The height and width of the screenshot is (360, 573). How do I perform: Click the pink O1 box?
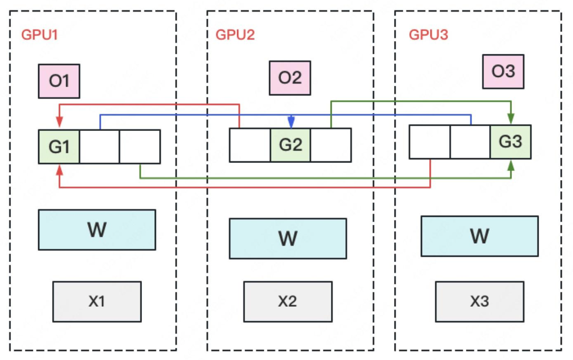59,81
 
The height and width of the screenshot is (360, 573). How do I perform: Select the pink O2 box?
290,78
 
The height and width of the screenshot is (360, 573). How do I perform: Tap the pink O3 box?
503,71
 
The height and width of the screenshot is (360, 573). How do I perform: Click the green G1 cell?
59,146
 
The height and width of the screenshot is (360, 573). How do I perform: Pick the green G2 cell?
290,145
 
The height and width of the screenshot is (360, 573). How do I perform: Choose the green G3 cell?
510,142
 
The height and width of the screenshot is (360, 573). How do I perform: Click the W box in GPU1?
97,230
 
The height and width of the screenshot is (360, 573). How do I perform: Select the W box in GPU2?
288,238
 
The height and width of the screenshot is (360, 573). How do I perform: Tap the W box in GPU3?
479,236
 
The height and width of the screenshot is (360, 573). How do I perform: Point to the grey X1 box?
97,301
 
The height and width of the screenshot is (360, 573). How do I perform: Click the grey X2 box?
288,301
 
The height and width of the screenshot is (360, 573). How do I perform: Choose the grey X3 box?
479,301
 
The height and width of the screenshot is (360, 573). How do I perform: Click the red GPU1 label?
40,35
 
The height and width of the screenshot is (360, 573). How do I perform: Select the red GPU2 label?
235,35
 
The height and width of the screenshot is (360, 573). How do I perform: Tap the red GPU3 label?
428,35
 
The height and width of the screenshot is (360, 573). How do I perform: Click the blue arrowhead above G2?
291,123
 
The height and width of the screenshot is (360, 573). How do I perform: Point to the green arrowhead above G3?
511,119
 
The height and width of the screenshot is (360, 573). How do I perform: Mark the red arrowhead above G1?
60,123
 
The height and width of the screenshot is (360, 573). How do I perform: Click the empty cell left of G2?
250,145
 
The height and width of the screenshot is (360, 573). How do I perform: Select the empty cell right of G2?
331,145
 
